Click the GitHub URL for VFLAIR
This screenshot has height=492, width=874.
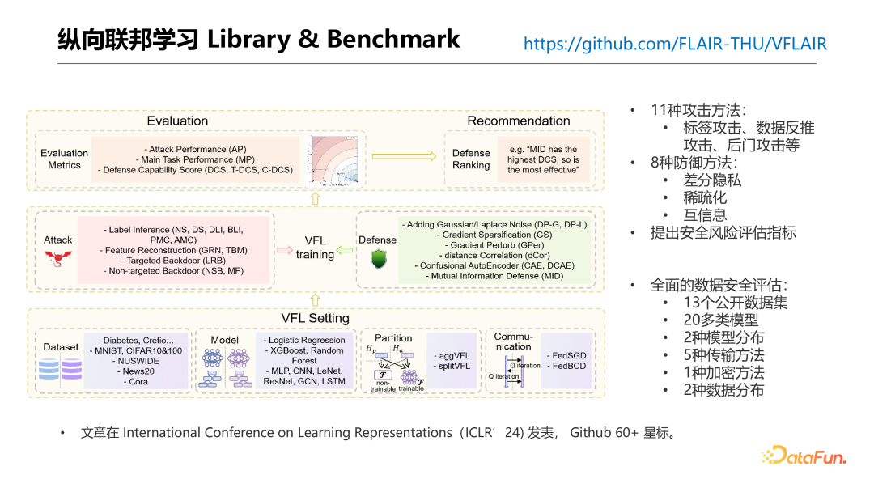coord(675,44)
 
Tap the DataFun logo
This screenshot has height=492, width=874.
coord(804,456)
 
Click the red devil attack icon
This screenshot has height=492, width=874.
coord(57,259)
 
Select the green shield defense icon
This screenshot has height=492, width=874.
coord(378,260)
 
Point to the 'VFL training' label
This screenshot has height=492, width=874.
coord(315,248)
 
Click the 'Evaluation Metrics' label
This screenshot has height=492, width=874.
coord(65,159)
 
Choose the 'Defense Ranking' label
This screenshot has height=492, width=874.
coord(471,159)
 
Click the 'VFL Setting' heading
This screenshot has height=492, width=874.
coord(316,318)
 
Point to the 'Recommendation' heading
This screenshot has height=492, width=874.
coord(519,121)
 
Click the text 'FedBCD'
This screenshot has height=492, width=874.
coord(570,367)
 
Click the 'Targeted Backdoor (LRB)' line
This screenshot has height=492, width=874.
coord(176,261)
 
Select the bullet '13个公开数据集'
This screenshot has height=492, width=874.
coord(735,303)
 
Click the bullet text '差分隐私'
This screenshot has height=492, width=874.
coord(712,180)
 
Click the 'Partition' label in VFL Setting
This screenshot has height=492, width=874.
coord(394,338)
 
